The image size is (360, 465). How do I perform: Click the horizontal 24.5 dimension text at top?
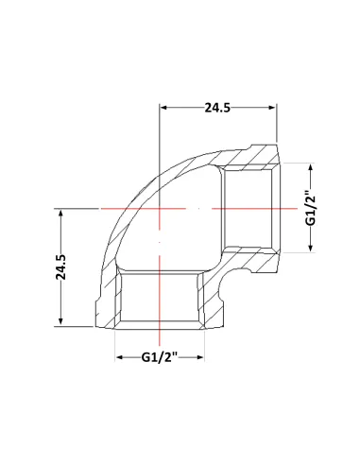click(x=217, y=108)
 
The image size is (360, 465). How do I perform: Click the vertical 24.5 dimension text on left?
click(x=61, y=267)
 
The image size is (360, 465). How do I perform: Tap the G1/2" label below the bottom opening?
click(x=160, y=357)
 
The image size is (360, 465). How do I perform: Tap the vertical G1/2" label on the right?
click(x=311, y=208)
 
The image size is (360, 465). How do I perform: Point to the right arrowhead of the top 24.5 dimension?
click(x=273, y=108)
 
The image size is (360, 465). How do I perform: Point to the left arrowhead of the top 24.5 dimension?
click(x=163, y=108)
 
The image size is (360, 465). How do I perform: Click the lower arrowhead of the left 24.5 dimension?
click(x=60, y=321)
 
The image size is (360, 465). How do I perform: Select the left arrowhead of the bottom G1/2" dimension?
click(x=119, y=357)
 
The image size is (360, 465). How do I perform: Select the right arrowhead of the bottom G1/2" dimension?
click(x=200, y=357)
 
